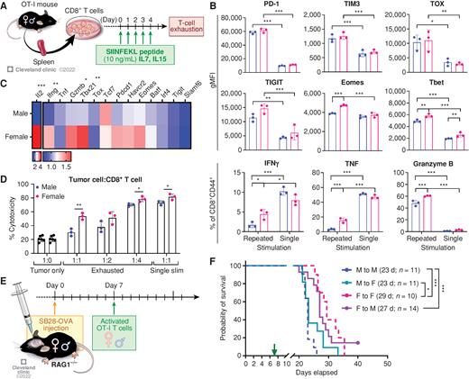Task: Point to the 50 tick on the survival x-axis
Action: pos(386,360)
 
